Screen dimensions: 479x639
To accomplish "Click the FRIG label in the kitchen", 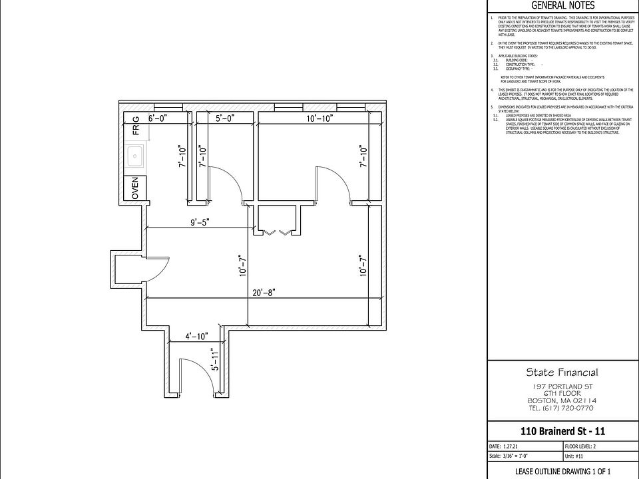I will [x=136, y=126].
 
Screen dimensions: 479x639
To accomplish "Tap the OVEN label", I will [x=135, y=188].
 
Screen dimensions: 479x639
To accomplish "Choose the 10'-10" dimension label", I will [x=319, y=118].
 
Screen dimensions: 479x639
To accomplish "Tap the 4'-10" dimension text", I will [x=196, y=337].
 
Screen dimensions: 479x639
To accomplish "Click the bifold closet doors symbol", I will [x=276, y=232].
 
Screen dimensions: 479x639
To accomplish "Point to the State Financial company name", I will [x=562, y=373].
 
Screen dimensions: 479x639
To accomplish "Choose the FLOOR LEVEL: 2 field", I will [x=583, y=446].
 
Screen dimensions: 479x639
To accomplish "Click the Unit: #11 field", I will [x=574, y=456].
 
